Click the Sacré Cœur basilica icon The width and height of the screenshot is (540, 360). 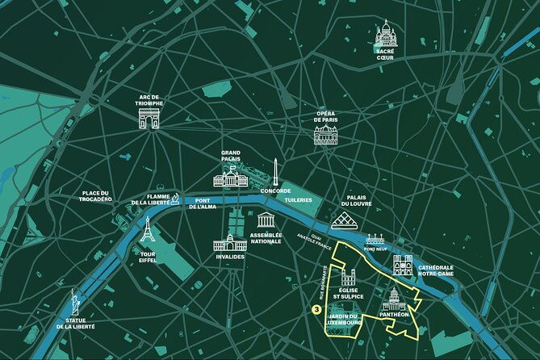pyautogui.click(x=385, y=33)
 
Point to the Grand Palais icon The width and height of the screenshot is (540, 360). pyautogui.click(x=231, y=178)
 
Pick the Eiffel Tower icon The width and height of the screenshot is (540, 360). pyautogui.click(x=147, y=231)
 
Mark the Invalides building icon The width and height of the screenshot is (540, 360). pyautogui.click(x=230, y=242)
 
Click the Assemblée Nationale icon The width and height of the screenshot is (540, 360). pyautogui.click(x=266, y=220)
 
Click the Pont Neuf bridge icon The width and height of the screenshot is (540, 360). pyautogui.click(x=375, y=241)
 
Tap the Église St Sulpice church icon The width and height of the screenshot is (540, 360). pyautogui.click(x=348, y=278)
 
